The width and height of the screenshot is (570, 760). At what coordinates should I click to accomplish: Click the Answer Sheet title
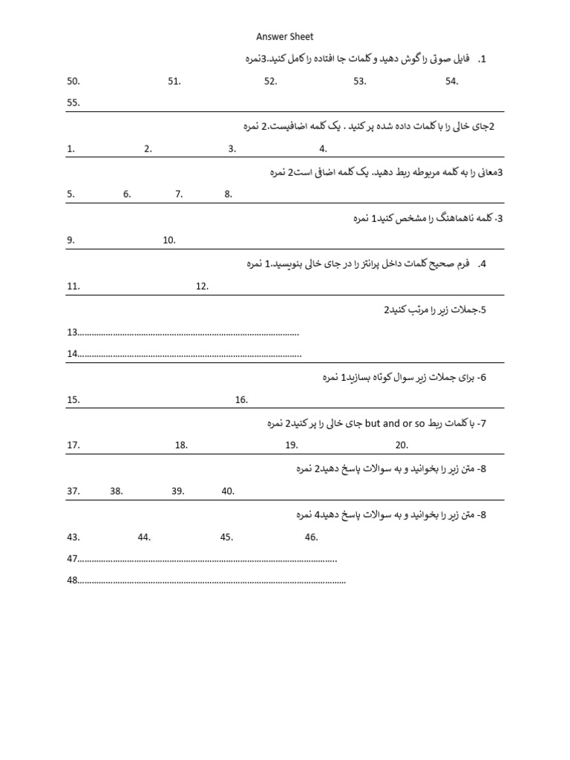point(285,36)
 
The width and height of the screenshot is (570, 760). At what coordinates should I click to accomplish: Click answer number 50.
point(73,82)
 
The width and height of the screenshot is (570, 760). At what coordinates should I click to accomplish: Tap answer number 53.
point(360,82)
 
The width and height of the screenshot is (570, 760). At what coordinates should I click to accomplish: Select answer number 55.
point(73,103)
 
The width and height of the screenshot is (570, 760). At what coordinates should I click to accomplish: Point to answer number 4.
point(323,148)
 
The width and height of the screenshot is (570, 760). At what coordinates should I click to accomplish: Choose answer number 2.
point(148,148)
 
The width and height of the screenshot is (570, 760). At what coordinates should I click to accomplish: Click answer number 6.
point(128,194)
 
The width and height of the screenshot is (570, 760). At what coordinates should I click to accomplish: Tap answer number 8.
point(229,194)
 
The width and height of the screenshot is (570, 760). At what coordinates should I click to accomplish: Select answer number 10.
point(169,240)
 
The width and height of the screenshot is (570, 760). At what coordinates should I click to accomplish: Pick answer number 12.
point(203,286)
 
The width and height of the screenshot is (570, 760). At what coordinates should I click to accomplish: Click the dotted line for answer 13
point(189,332)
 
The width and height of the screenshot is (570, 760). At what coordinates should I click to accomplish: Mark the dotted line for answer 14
point(190,354)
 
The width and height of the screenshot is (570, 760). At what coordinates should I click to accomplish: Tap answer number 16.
point(241,400)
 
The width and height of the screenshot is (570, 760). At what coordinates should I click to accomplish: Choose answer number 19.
point(292,445)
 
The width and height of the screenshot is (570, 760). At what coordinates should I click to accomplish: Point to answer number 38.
point(117,491)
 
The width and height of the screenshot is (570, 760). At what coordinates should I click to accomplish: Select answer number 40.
point(228,491)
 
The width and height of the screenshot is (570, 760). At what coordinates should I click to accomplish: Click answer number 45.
point(226,537)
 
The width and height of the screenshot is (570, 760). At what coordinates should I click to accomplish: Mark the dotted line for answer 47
point(208,559)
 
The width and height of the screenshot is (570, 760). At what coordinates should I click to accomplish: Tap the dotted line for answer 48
point(212,580)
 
